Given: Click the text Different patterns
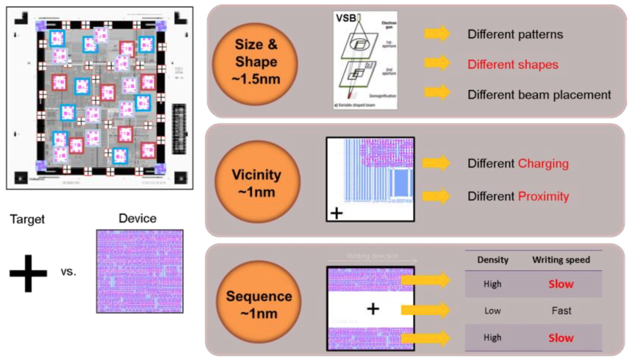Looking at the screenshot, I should click(x=515, y=34).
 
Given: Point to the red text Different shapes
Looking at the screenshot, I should click(x=513, y=64).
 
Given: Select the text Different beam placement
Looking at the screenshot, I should click(x=539, y=94).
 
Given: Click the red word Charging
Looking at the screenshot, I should click(x=543, y=163).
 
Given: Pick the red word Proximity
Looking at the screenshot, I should click(x=543, y=196).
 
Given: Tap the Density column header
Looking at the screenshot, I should click(x=492, y=260).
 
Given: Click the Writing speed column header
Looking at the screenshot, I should click(x=561, y=260).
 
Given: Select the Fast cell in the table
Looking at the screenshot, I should click(x=561, y=310).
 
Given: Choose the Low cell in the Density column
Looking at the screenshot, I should click(x=492, y=310).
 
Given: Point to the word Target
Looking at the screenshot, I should click(x=27, y=219).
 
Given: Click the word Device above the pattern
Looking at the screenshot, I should click(x=138, y=219).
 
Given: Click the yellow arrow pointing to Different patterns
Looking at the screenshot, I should click(x=437, y=34).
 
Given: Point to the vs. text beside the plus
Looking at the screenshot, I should click(x=68, y=273).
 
